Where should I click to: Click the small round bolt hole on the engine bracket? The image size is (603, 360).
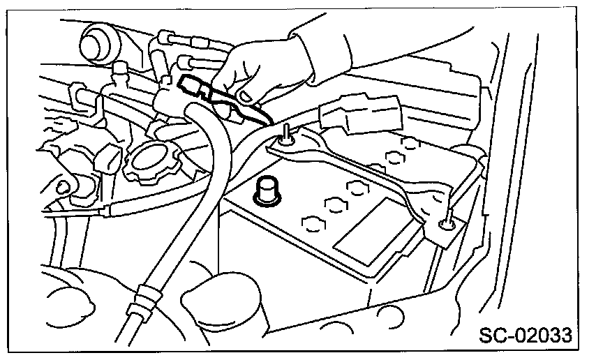62,186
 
